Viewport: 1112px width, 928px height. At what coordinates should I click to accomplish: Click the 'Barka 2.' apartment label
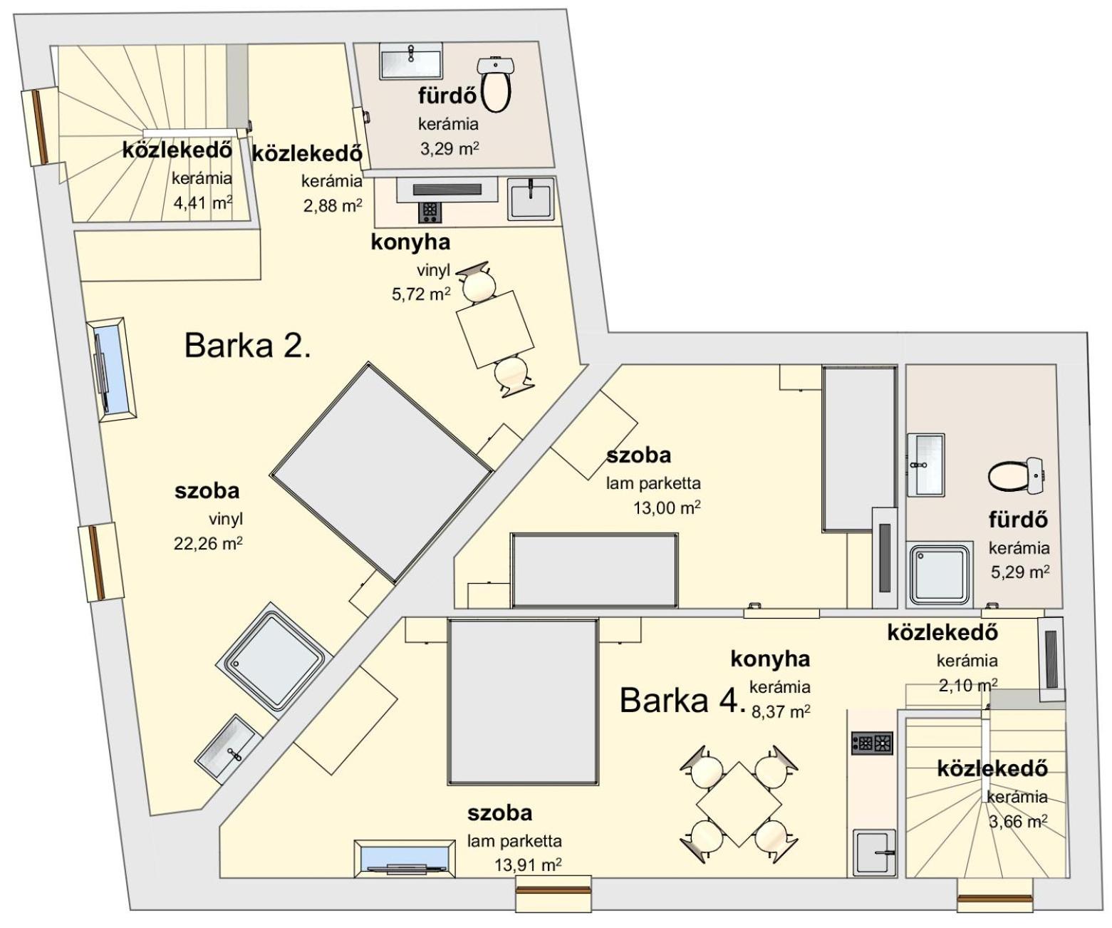[247, 346]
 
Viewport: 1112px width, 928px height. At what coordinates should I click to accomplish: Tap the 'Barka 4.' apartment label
[682, 700]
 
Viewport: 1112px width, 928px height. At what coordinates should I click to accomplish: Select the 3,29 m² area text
[450, 148]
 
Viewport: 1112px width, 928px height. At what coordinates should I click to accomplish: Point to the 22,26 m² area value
[208, 544]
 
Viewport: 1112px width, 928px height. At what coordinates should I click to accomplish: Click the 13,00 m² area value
[667, 507]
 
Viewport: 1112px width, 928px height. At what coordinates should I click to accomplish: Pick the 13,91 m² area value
[528, 865]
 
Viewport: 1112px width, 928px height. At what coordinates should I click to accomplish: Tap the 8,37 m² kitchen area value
[781, 711]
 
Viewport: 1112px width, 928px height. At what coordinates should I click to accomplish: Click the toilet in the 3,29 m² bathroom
[497, 83]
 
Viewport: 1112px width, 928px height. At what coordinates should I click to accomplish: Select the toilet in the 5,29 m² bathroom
[1015, 475]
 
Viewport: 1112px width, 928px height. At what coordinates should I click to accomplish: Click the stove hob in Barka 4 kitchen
[872, 743]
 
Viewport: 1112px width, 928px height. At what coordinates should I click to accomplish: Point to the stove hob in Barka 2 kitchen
[430, 212]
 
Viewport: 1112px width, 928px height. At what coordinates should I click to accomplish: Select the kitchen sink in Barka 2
[531, 198]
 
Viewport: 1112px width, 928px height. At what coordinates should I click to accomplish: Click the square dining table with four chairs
[739, 804]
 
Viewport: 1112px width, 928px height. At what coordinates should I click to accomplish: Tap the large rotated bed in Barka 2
[381, 473]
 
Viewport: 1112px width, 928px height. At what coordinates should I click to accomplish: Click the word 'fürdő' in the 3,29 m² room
[447, 96]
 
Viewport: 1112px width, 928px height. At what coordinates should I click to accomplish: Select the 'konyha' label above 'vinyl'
[410, 242]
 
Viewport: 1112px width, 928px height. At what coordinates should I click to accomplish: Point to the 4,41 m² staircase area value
[202, 202]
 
